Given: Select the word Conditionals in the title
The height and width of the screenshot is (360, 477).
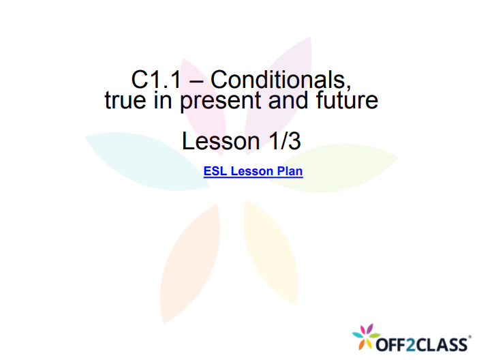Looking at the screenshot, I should (281, 80).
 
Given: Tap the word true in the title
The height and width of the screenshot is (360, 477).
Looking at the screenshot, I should (125, 101).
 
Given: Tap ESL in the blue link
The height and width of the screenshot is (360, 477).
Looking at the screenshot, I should (215, 171).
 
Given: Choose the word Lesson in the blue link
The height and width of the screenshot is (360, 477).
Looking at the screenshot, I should (252, 171).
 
